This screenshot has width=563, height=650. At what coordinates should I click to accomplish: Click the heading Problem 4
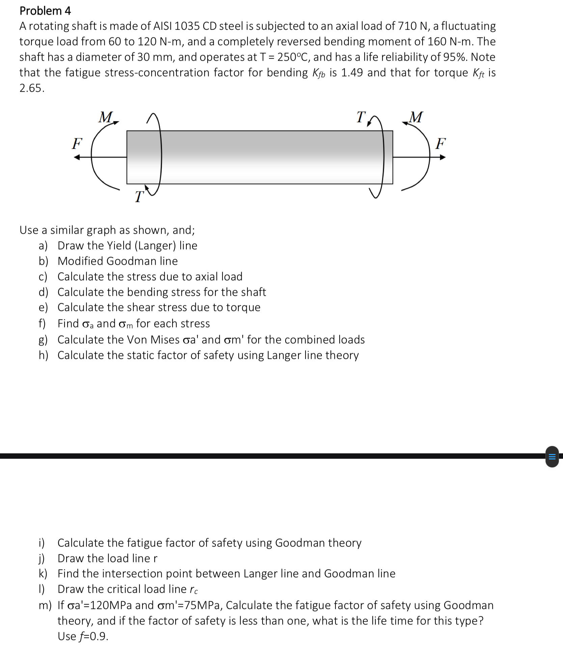tap(45, 11)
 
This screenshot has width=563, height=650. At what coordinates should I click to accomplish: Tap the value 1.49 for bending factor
tap(352, 73)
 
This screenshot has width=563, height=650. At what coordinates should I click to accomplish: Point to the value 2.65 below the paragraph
tap(31, 88)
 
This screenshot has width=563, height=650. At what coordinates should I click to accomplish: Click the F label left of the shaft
tap(77, 144)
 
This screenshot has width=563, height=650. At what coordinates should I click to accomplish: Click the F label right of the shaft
tap(440, 144)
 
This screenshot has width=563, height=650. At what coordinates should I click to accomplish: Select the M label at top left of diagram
tap(106, 117)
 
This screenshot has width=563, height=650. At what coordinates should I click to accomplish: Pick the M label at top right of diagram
tap(415, 117)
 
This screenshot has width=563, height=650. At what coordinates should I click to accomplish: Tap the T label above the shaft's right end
tap(361, 117)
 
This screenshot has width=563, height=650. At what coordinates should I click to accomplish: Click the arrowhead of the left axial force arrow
tap(77, 157)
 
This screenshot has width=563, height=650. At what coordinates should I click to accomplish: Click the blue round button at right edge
tap(552, 457)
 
